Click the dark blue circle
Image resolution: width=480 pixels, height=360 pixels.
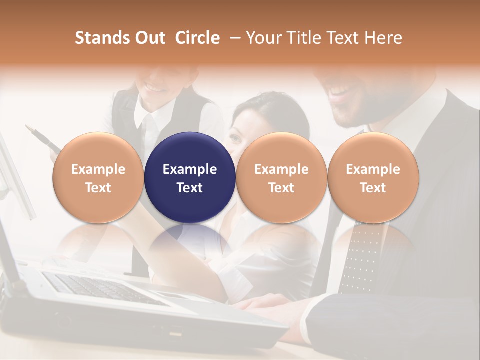coord(190,177)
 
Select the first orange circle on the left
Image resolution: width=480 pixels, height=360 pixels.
coord(98,177)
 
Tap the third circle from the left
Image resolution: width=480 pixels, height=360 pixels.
coord(281,177)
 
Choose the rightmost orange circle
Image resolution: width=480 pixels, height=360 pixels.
coord(373,177)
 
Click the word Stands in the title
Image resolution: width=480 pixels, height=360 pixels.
coord(102,38)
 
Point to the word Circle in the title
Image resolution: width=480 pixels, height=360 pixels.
coord(197,38)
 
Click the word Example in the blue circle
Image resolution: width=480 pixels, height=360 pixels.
coord(190,169)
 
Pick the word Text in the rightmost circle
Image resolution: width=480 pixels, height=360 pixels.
coord(373,188)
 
